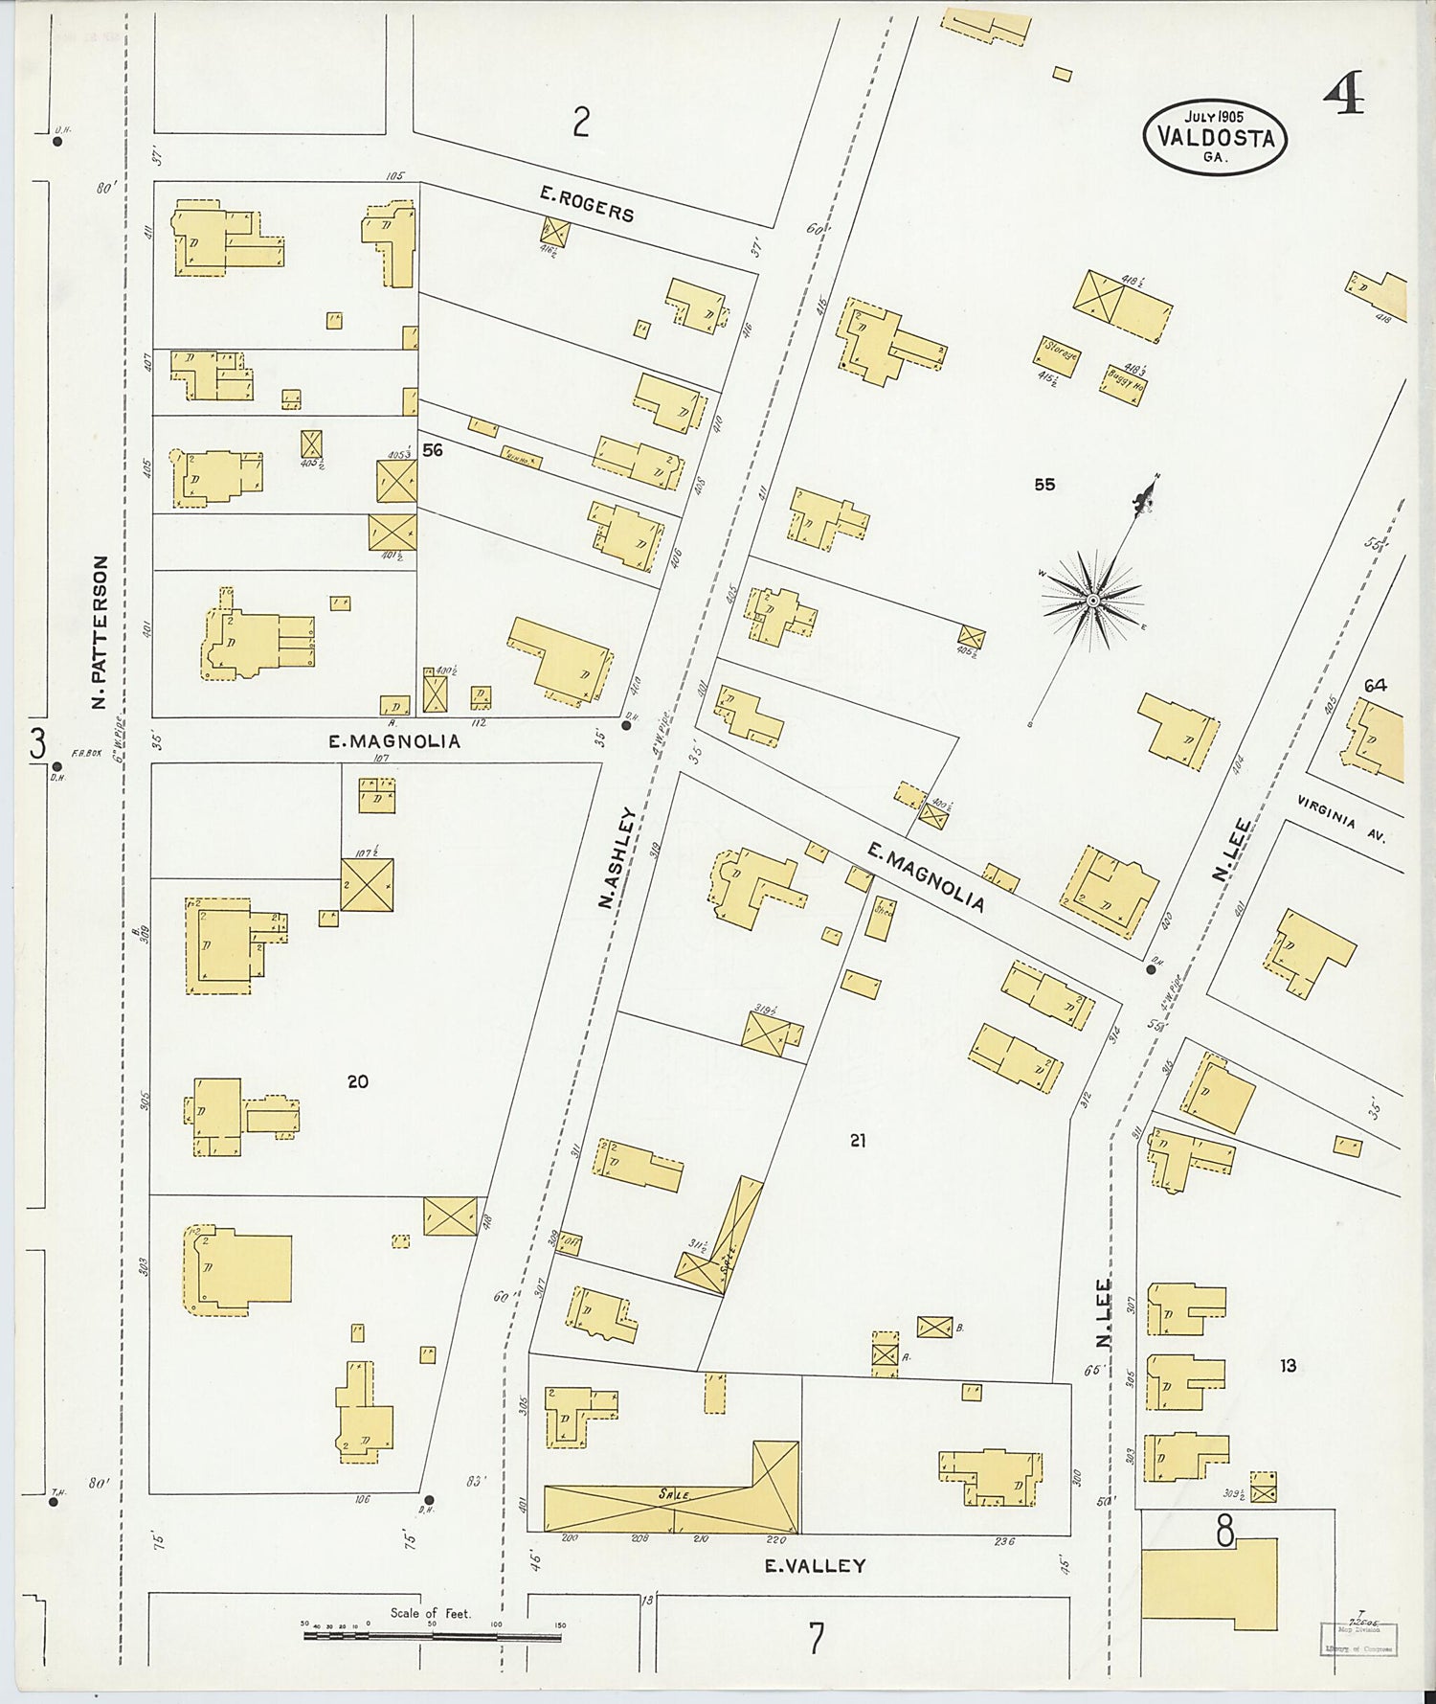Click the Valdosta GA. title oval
click(1215, 138)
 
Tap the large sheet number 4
click(1344, 94)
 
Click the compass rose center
click(1092, 600)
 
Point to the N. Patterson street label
click(100, 633)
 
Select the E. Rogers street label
click(586, 204)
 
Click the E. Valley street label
click(815, 1566)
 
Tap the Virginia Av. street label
click(1341, 819)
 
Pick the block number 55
click(1044, 485)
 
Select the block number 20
click(357, 1081)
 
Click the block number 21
click(858, 1140)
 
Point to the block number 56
click(433, 449)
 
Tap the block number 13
click(1289, 1365)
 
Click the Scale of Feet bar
click(433, 1636)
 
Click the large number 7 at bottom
click(815, 1639)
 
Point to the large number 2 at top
click(580, 123)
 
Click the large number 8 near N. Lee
click(1224, 1533)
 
